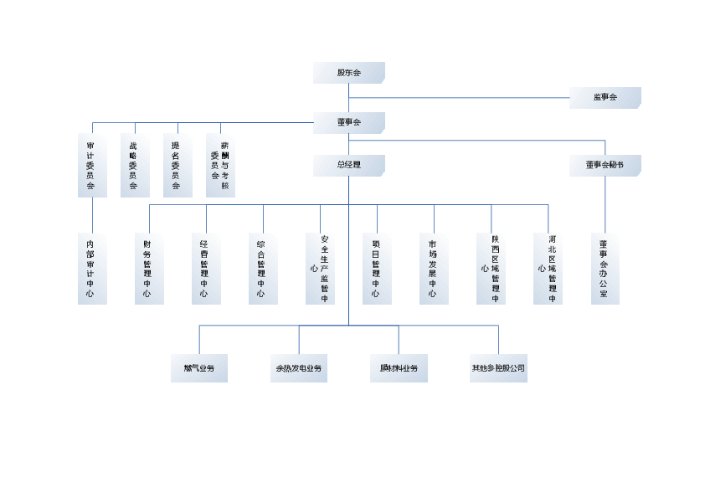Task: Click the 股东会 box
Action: (349, 73)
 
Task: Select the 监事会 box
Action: (605, 98)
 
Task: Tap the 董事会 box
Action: (349, 123)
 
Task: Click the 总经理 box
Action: (349, 166)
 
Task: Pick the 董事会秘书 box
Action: (605, 166)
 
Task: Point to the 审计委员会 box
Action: (91, 165)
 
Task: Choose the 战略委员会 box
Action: (134, 165)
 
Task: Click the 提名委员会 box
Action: (177, 165)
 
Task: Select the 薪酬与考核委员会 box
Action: (220, 165)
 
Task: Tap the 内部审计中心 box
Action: (91, 269)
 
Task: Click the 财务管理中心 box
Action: (148, 269)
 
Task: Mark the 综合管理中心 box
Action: (262, 269)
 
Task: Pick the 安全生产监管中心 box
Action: (320, 269)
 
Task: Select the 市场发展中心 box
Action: (433, 269)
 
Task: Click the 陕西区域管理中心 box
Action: (491, 269)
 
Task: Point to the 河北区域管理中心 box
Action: (548, 269)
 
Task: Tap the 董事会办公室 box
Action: (605, 269)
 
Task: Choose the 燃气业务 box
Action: (198, 368)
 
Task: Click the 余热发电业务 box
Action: (298, 368)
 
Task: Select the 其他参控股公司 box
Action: (498, 368)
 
